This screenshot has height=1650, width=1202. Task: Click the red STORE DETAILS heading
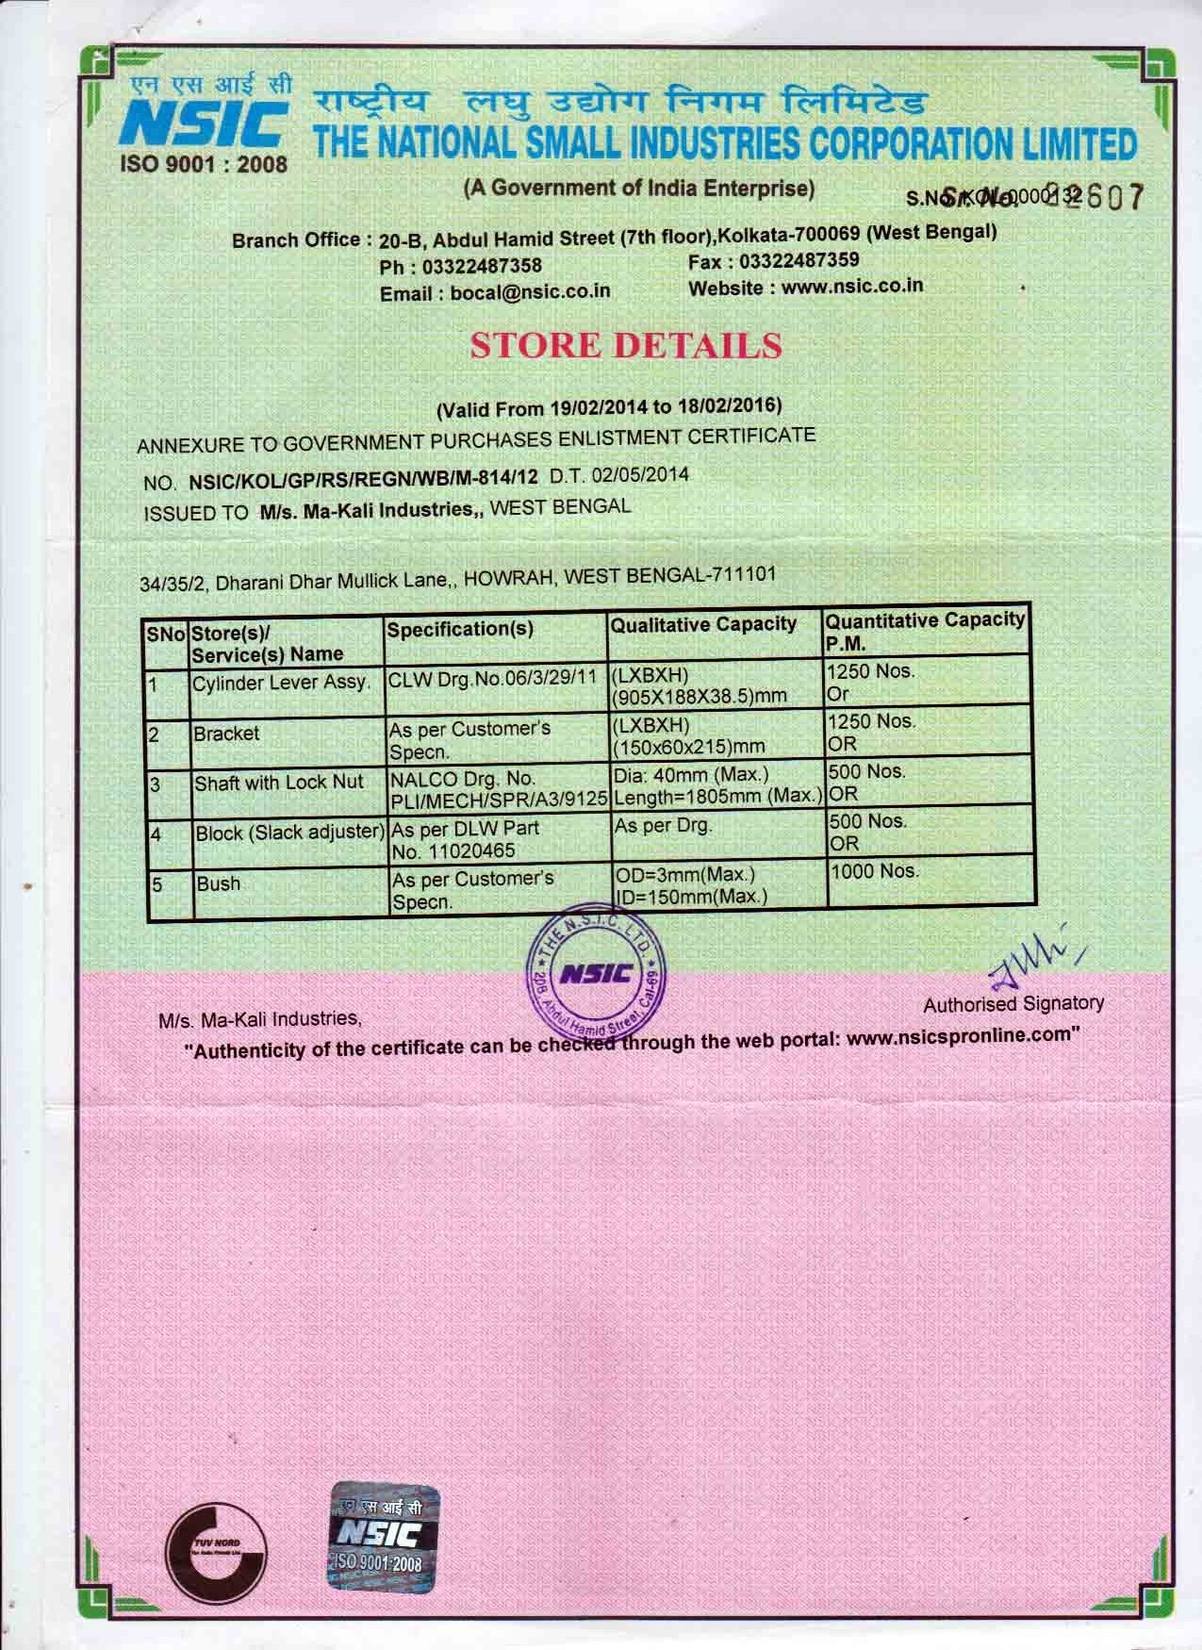tap(625, 346)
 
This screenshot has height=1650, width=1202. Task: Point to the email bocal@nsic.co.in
tap(530, 292)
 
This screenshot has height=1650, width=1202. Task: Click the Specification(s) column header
tap(459, 629)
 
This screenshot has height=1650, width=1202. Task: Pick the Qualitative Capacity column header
tap(703, 624)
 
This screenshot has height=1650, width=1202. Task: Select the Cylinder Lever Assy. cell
tap(280, 682)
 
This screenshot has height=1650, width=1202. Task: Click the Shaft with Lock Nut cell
tap(279, 783)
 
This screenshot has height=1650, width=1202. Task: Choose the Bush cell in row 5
tap(218, 884)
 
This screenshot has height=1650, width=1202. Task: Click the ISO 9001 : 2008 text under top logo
tap(204, 164)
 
